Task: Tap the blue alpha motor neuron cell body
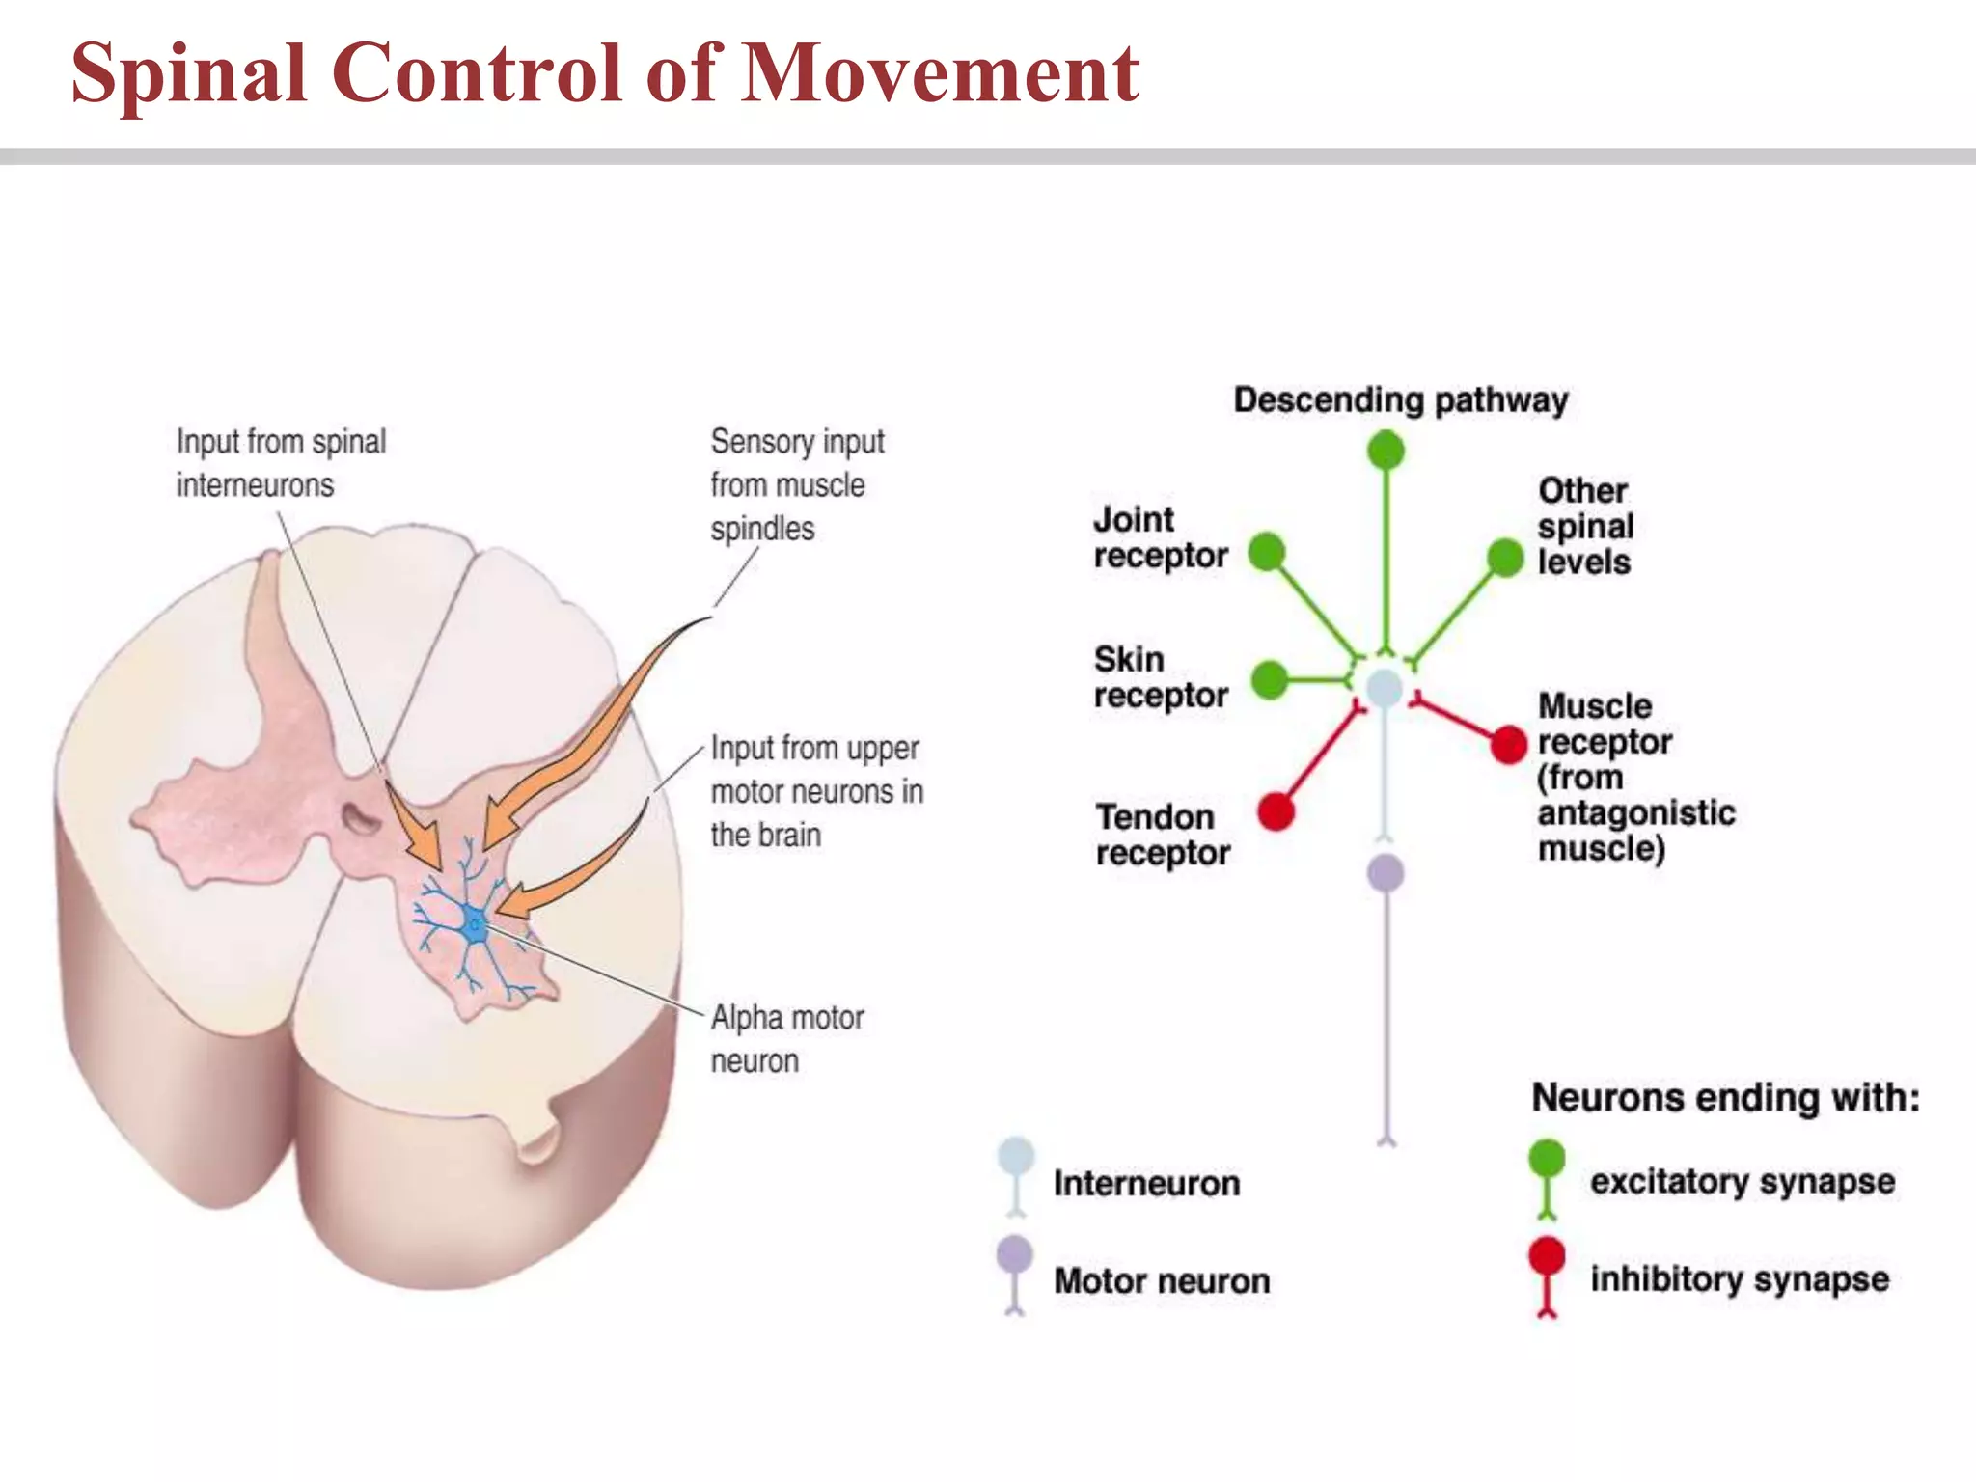tap(474, 924)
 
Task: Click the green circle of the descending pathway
tap(1386, 450)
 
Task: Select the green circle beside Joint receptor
tap(1267, 552)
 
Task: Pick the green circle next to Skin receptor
tap(1270, 679)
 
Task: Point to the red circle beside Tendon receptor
tap(1276, 810)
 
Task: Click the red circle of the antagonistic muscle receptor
tap(1508, 744)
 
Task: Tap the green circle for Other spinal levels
tap(1504, 557)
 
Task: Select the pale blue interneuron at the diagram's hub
tap(1385, 688)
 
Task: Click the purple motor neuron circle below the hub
tap(1386, 872)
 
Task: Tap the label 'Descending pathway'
tap(1401, 399)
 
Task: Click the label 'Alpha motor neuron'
tap(786, 1039)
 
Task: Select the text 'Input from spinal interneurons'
tap(281, 463)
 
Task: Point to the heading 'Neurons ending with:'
tap(1726, 1097)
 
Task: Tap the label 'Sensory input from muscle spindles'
tap(797, 484)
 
